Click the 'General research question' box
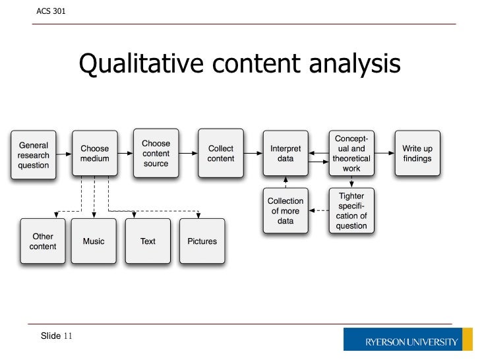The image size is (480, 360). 34,155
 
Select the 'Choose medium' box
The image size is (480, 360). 94,154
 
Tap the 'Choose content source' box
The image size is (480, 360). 156,154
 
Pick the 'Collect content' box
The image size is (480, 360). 220,154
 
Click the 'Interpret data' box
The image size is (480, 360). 285,154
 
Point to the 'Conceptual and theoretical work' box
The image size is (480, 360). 351,154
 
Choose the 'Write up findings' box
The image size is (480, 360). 417,154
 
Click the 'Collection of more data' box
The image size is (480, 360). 285,211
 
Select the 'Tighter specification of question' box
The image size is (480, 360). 351,211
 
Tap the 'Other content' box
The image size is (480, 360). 43,241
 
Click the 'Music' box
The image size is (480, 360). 94,241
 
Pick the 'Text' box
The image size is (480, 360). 148,241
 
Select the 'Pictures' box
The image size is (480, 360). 202,241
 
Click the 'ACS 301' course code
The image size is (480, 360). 50,11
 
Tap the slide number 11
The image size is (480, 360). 68,336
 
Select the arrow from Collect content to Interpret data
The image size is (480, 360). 253,154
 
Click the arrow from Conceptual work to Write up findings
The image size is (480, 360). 384,154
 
